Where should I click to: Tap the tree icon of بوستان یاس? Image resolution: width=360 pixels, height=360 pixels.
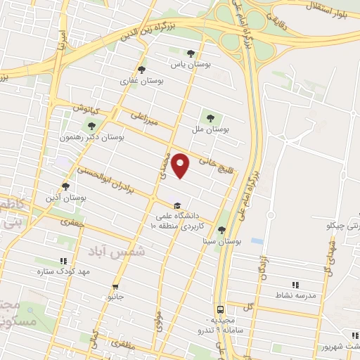coord(191,53)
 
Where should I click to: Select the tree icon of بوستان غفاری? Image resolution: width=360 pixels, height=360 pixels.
coord(142,70)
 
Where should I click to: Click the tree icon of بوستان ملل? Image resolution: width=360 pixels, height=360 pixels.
coord(209,117)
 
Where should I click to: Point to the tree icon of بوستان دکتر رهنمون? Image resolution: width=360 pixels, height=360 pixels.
coord(90,126)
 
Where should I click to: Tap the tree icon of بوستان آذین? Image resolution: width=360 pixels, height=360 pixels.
coord(65,186)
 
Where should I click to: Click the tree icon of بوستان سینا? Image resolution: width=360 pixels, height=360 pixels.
coord(221,229)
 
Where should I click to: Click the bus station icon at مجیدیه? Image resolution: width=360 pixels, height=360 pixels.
coord(221,309)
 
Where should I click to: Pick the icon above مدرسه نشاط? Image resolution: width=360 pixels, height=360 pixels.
coord(295,285)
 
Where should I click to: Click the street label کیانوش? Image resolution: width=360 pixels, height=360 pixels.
coord(89,110)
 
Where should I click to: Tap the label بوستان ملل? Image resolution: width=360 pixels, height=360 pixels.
coord(211,130)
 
